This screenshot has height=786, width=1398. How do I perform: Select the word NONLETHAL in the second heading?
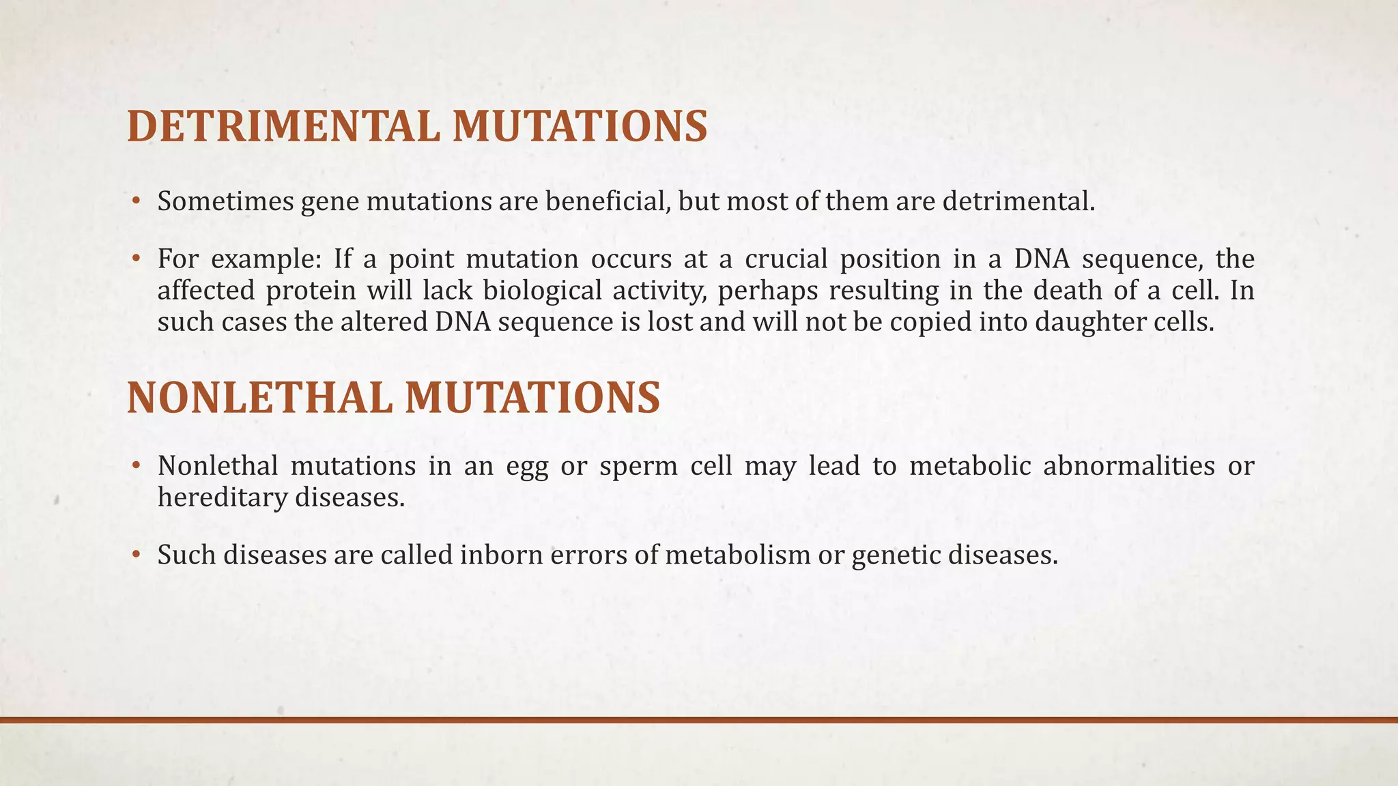coord(259,398)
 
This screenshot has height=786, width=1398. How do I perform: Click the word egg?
coord(527,467)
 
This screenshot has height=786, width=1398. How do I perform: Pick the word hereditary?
coord(222,497)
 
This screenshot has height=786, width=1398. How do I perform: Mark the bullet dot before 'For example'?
coord(136,259)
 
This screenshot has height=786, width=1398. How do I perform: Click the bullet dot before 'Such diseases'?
coord(136,555)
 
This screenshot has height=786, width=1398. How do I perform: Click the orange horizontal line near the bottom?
coord(699,720)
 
